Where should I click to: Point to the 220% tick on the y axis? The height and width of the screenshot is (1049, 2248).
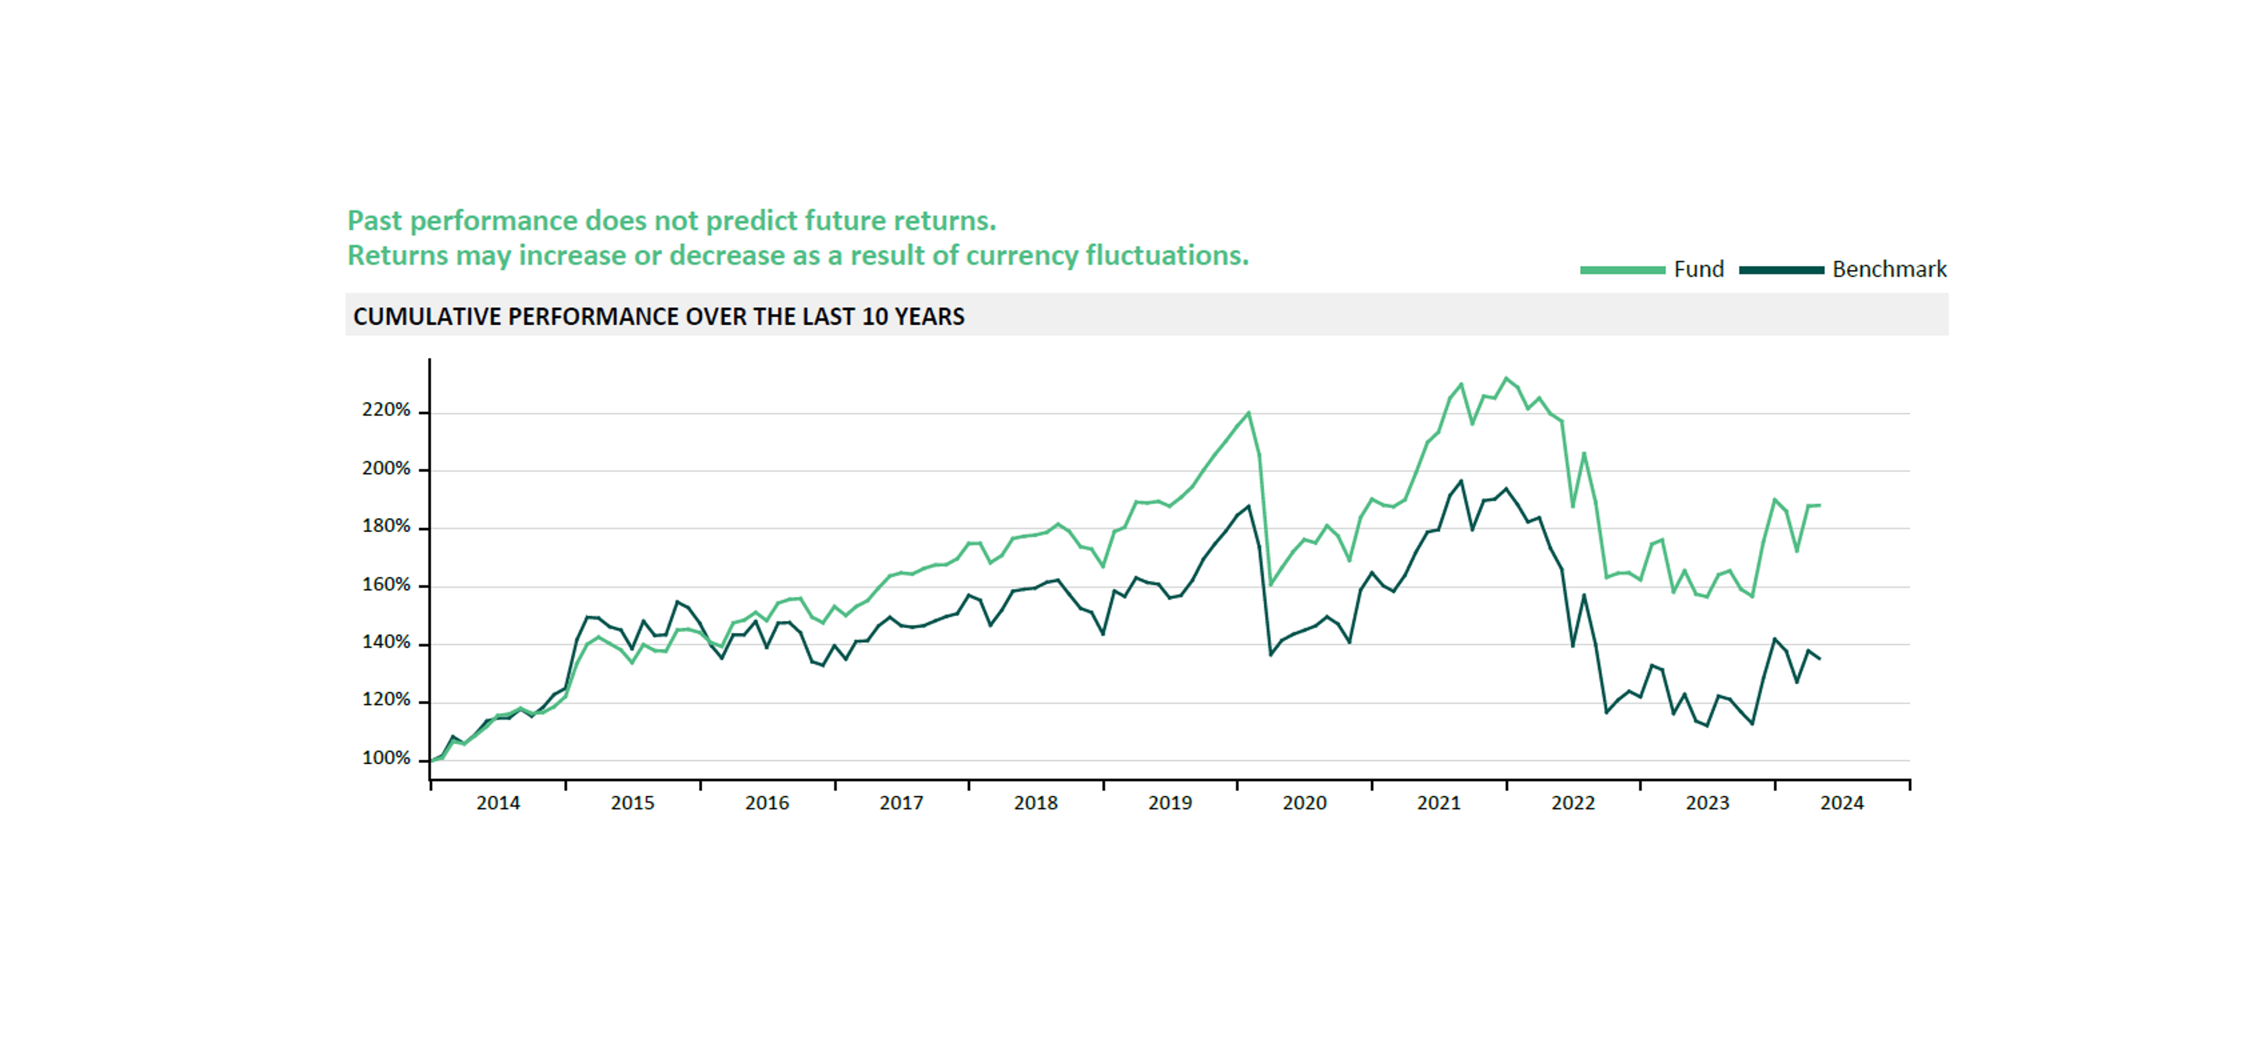click(424, 412)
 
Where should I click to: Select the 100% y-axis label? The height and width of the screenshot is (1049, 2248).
click(386, 759)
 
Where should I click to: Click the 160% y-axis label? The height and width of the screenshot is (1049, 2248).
click(386, 585)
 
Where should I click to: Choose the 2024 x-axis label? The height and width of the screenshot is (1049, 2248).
click(1841, 803)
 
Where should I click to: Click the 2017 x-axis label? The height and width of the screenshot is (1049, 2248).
click(901, 803)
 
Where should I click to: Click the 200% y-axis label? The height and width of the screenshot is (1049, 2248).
click(386, 469)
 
